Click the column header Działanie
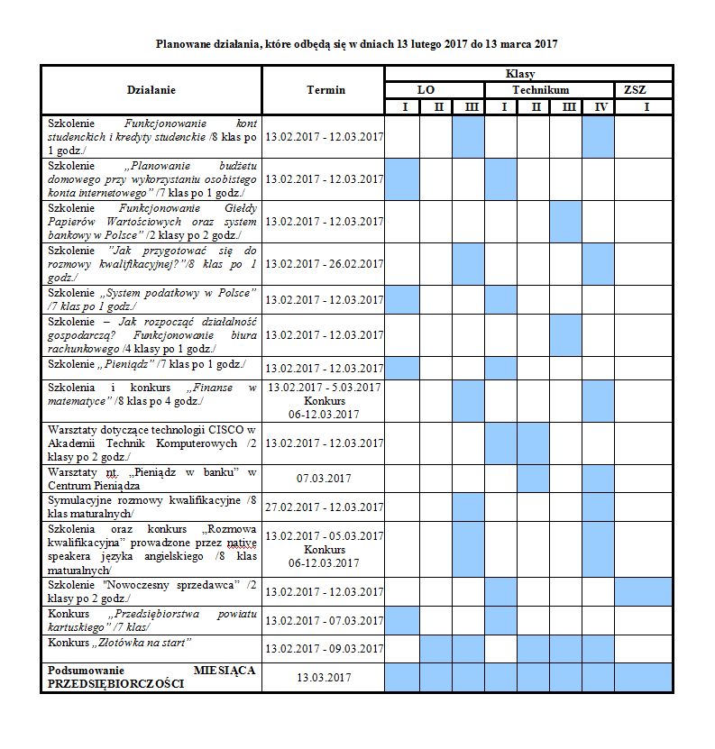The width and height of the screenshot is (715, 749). tap(151, 90)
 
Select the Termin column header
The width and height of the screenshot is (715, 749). tap(325, 90)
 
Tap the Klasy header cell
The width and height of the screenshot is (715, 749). tap(528, 73)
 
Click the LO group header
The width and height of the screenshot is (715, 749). tap(435, 90)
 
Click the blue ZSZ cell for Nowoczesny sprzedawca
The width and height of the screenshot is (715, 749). tap(644, 591)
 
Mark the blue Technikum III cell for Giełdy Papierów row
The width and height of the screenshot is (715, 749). tap(565, 221)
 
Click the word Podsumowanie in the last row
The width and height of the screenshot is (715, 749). tap(86, 671)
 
